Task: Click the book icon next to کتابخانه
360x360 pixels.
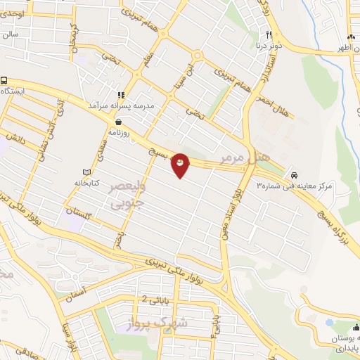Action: pyautogui.click(x=87, y=172)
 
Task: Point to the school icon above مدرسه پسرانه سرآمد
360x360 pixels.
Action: pyautogui.click(x=121, y=95)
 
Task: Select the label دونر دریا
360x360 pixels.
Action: pyautogui.click(x=269, y=44)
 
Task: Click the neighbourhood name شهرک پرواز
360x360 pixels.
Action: pyautogui.click(x=157, y=323)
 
